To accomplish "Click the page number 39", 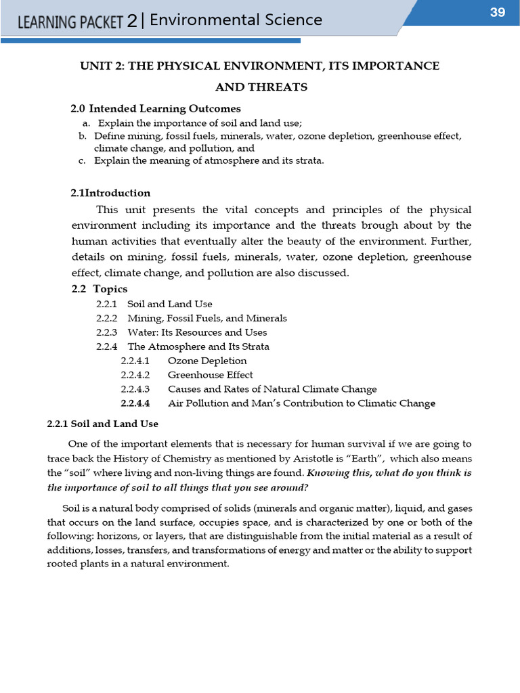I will click(498, 12).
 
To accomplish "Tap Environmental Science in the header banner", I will click(236, 20).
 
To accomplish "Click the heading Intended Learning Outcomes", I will click(165, 108).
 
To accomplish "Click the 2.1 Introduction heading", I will click(110, 193).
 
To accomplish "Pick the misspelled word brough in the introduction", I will click(388, 225).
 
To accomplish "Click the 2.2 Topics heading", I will click(100, 289).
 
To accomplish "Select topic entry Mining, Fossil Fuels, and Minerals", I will click(207, 318).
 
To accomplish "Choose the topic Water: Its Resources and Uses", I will click(197, 332).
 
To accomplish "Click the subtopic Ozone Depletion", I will click(207, 361).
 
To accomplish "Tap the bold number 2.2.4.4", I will click(135, 403).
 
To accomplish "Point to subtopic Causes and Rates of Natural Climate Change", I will click(272, 389).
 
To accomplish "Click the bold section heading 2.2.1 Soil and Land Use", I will click(102, 424).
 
